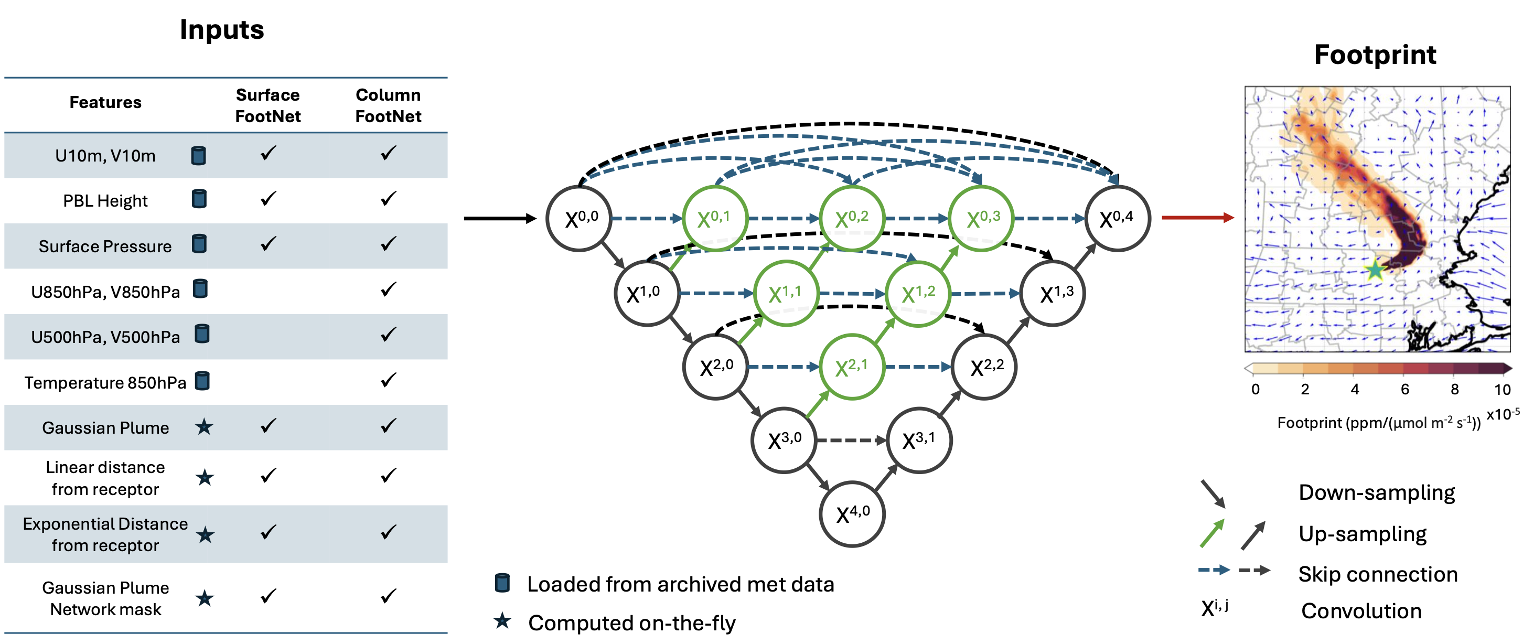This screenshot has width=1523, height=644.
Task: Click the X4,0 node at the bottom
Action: click(x=852, y=514)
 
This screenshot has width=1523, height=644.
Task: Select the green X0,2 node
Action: click(x=851, y=219)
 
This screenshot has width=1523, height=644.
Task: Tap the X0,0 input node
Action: click(x=580, y=219)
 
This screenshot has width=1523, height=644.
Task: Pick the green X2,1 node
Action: click(x=851, y=367)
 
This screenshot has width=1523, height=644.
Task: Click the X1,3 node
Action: click(x=1053, y=293)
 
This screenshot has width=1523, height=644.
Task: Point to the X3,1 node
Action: click(x=919, y=440)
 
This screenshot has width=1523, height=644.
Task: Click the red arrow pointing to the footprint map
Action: click(x=1197, y=218)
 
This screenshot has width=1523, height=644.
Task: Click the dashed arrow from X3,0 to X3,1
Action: click(x=851, y=440)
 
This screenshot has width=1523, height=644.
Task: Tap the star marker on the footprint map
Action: click(x=1375, y=270)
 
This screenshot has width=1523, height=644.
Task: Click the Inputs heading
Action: click(x=222, y=29)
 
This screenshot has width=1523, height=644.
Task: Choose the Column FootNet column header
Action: click(x=388, y=105)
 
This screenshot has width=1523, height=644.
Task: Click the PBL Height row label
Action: click(x=105, y=201)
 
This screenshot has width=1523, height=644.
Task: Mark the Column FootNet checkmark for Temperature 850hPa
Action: click(x=388, y=380)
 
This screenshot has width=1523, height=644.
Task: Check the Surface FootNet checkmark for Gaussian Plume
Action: click(x=268, y=426)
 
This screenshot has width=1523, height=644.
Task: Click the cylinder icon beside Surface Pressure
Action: click(x=200, y=244)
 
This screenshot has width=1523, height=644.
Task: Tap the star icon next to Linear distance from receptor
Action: click(x=205, y=477)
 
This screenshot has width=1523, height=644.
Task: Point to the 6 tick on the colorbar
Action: click(x=1405, y=389)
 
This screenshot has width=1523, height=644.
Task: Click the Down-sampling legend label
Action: click(x=1376, y=492)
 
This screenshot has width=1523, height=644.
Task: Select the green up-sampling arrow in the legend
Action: click(x=1212, y=533)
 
